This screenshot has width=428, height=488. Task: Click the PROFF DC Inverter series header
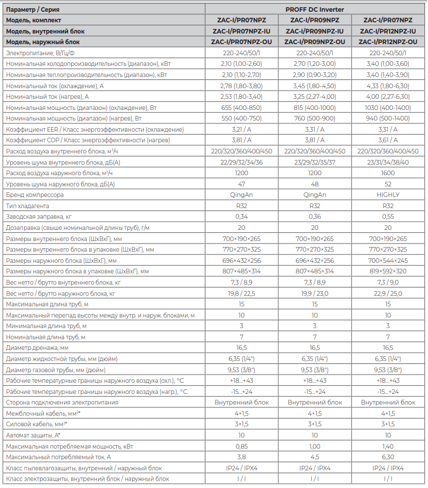coord(315,9)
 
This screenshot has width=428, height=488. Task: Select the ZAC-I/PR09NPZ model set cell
coord(315,20)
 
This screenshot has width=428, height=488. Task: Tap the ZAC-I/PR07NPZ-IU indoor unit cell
coord(241,31)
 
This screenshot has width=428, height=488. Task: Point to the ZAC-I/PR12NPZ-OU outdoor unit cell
coord(388,42)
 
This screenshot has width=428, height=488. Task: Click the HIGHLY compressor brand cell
coord(388,195)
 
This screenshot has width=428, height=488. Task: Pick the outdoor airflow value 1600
coord(388,173)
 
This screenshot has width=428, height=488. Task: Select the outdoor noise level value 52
coord(388,184)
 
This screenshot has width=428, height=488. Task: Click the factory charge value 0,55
coord(388,216)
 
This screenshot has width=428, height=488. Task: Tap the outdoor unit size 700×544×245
coord(388,260)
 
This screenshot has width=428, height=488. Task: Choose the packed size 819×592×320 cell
coord(388,271)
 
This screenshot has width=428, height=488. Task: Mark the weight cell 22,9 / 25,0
coord(388,293)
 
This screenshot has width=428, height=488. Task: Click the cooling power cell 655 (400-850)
coord(241,108)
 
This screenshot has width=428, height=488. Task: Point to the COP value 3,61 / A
coord(388,140)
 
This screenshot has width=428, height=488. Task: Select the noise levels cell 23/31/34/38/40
coord(388,162)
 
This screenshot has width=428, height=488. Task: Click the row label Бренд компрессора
coord(35,195)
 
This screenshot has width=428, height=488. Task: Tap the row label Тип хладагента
coord(29,206)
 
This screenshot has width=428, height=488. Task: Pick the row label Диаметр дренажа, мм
coord(38,347)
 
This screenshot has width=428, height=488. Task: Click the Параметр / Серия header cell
coord(32,9)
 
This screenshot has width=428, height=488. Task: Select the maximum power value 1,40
coord(388,446)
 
